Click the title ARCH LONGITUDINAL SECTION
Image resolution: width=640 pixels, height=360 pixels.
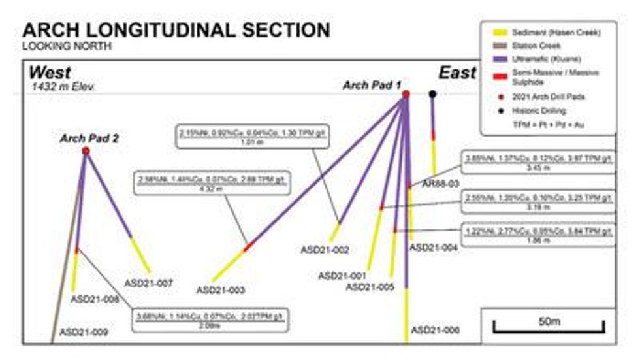click(x=176, y=29)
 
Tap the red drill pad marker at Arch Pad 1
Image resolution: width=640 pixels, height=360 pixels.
click(x=406, y=95)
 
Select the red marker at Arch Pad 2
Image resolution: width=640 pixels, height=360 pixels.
click(x=86, y=151)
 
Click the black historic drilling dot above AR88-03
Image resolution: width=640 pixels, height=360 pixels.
click(x=432, y=94)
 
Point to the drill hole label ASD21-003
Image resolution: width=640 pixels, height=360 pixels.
click(x=221, y=289)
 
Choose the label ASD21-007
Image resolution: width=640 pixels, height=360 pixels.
click(x=148, y=283)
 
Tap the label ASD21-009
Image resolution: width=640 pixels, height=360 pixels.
click(x=84, y=332)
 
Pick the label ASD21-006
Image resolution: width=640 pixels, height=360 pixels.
click(x=435, y=330)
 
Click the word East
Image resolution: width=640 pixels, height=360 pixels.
click(x=457, y=72)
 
